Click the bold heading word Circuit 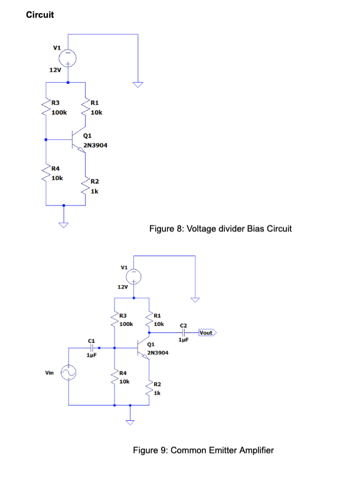click(40, 15)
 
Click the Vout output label click(206, 333)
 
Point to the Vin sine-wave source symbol click(69, 373)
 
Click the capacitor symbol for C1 click(91, 348)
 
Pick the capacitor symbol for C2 click(184, 333)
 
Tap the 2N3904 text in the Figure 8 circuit click(95, 144)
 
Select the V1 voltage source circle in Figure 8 click(69, 57)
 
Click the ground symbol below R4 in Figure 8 click(63, 223)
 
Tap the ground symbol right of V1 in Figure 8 click(138, 84)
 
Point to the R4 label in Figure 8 click(56, 169)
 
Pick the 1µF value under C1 click(91, 356)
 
